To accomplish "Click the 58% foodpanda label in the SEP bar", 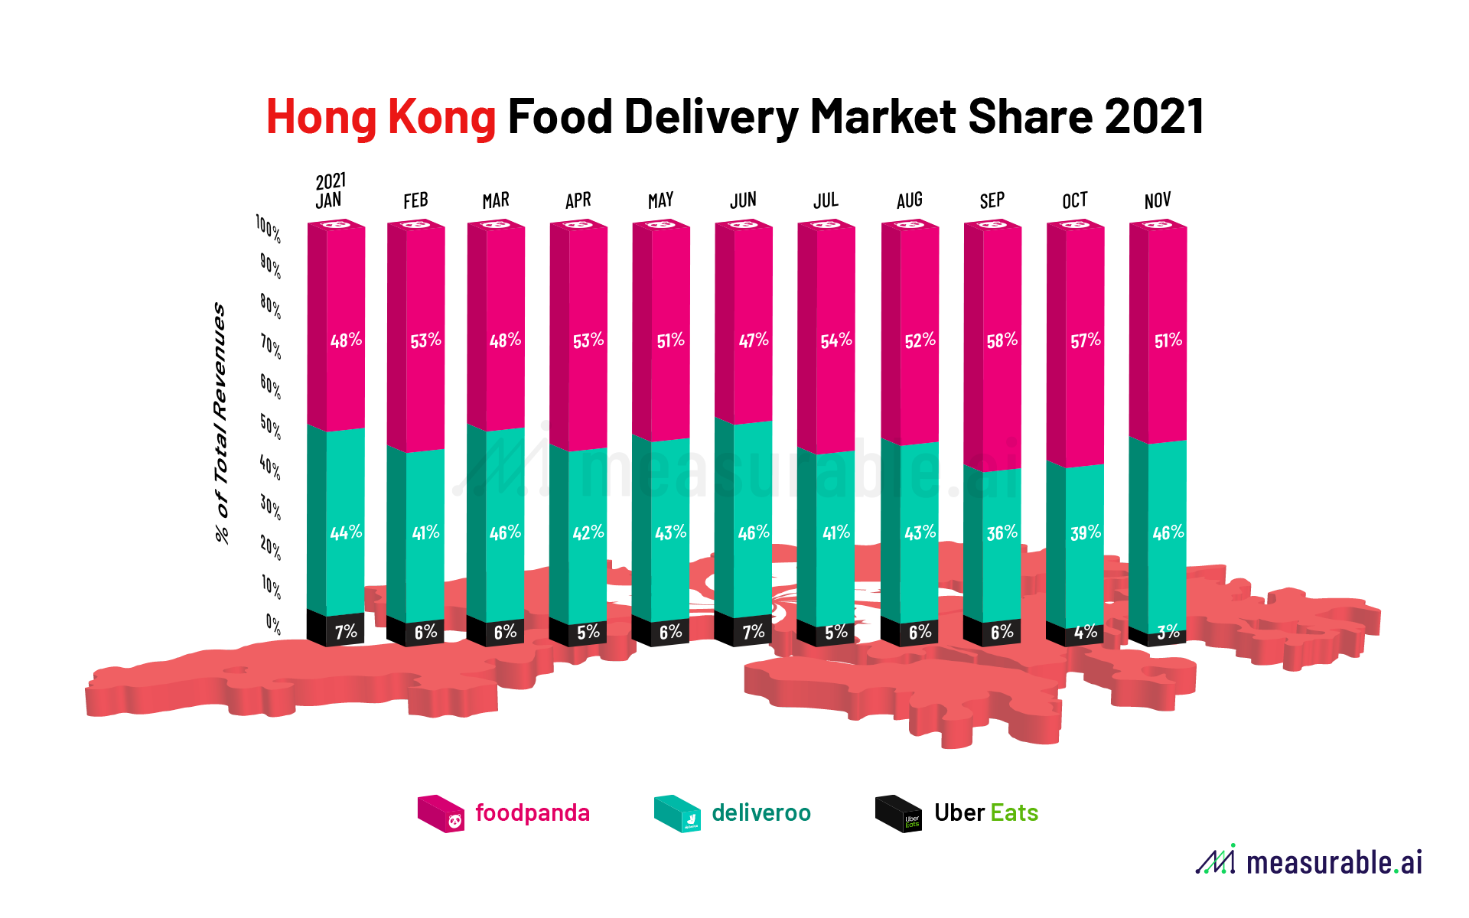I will [x=1002, y=340].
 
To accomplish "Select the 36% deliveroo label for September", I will [x=1002, y=532].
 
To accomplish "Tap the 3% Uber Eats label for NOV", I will [x=1168, y=632].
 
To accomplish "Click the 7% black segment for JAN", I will [x=346, y=632].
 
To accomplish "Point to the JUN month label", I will [x=743, y=200].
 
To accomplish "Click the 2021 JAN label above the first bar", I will [x=331, y=191].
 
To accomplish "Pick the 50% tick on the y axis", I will [x=270, y=427].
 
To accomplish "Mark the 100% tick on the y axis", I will [x=269, y=228].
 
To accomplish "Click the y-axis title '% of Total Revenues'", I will [x=220, y=422].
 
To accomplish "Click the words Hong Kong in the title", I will [x=381, y=117].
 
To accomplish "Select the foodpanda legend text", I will [x=532, y=812].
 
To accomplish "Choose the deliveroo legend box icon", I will [x=677, y=813].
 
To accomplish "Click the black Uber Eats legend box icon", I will [x=898, y=813].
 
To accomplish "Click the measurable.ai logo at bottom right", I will [x=1309, y=861].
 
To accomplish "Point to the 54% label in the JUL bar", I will [x=835, y=340].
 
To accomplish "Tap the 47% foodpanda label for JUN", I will [x=753, y=340].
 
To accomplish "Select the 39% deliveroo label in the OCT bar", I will [x=1085, y=532].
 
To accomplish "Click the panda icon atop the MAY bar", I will [x=662, y=225].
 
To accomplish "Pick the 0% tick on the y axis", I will [x=273, y=624].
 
